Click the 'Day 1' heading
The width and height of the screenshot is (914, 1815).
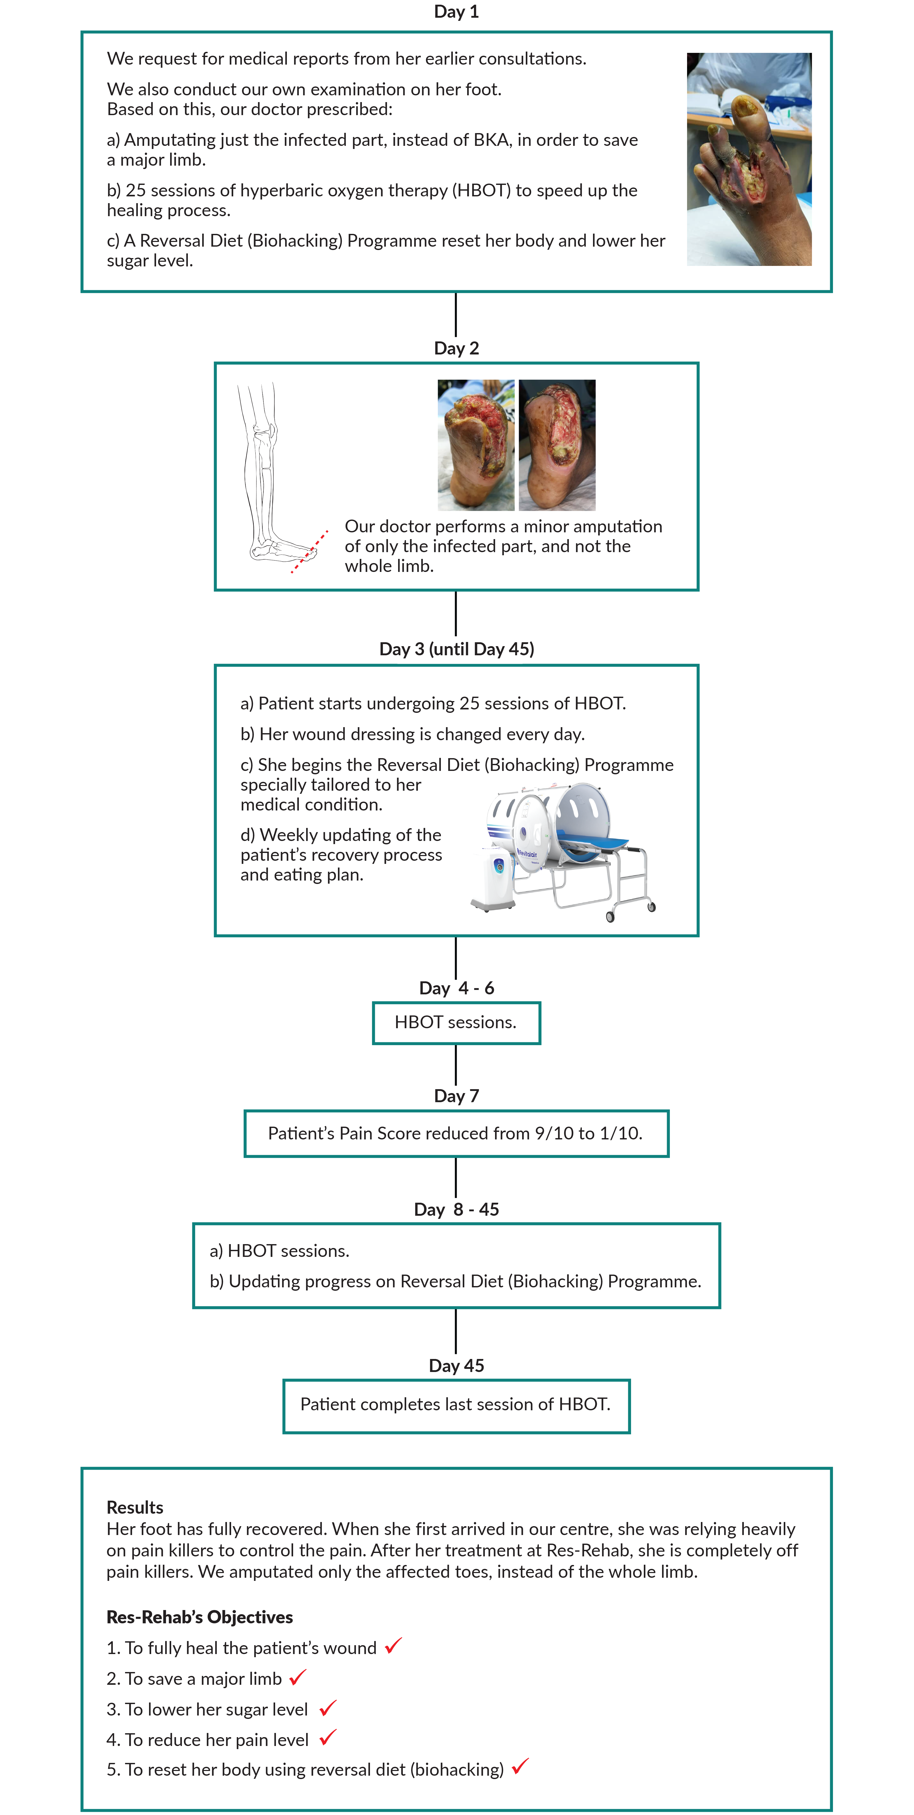456,12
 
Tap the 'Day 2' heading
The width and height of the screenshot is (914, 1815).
456,348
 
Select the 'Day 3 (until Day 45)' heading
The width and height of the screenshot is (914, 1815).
456,649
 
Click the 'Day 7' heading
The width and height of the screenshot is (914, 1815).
456,1096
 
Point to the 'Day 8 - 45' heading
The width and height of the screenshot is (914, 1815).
456,1209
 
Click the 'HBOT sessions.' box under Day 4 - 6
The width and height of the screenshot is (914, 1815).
456,1022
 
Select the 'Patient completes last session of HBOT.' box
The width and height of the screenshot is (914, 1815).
456,1405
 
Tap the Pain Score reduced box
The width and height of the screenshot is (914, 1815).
456,1133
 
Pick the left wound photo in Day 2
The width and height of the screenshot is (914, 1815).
476,445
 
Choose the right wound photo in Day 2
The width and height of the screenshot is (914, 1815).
557,445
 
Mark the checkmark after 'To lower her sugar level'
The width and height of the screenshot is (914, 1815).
328,1708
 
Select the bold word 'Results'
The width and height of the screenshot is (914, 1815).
135,1507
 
